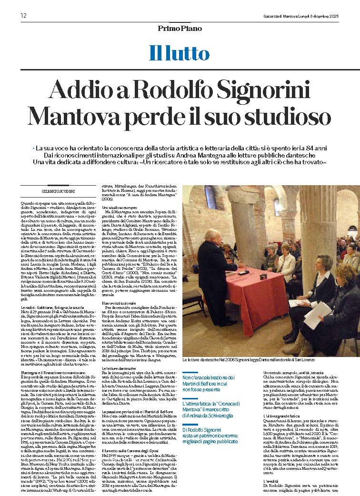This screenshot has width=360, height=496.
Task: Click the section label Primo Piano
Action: pyautogui.click(x=180, y=29)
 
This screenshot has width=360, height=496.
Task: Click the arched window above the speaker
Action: pyautogui.click(x=211, y=197)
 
